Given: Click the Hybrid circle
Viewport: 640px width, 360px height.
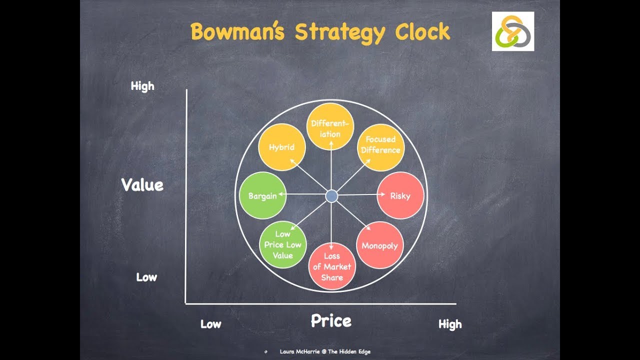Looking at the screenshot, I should [x=281, y=147].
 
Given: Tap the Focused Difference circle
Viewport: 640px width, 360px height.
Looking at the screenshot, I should [x=381, y=147].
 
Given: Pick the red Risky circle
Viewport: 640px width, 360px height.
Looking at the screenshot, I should [x=400, y=195].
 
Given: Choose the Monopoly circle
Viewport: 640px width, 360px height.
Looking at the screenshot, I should [x=380, y=245].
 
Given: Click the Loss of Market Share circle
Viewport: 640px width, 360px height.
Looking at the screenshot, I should [x=332, y=266].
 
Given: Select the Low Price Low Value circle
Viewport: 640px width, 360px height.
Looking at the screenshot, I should [x=283, y=245].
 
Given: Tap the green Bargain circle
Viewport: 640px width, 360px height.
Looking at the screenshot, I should [x=263, y=195].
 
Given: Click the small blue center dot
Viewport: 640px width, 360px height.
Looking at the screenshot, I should [x=331, y=196].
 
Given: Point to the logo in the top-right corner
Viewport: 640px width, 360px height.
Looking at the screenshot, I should [x=513, y=31].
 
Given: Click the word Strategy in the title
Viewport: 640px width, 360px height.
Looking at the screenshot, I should [x=340, y=33].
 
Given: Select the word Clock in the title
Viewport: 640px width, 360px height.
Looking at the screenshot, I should [x=423, y=32].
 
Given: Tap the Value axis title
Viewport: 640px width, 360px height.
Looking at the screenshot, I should [x=142, y=185].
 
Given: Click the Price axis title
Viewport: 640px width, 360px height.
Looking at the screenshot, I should [x=331, y=320].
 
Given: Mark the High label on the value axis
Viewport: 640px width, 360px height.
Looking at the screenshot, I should [x=142, y=86].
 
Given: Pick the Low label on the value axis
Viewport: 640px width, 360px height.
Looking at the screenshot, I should [x=146, y=277].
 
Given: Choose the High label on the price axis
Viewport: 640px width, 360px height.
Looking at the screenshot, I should [x=450, y=324].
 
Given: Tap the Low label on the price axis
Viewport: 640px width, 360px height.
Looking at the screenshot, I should [x=211, y=324].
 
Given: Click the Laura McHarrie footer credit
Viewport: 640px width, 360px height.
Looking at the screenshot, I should [x=325, y=352].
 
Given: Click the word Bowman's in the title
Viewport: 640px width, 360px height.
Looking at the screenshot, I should [x=237, y=32].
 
